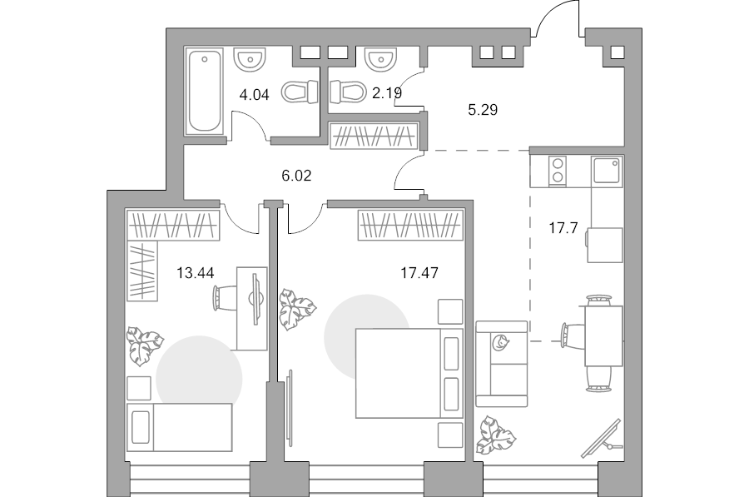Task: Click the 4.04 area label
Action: click(x=254, y=95)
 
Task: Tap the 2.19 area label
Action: click(x=387, y=92)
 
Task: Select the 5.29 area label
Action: click(x=483, y=110)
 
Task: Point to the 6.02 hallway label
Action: click(x=296, y=176)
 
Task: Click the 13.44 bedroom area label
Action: click(x=196, y=273)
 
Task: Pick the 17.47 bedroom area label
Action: click(x=419, y=273)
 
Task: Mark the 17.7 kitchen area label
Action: click(x=563, y=228)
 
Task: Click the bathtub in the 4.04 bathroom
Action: click(x=205, y=91)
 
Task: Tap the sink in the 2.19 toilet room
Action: click(x=380, y=59)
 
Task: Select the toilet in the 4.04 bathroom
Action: click(x=300, y=92)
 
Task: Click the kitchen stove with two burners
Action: click(x=557, y=171)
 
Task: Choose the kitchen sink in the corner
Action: click(x=607, y=171)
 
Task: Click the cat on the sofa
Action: click(x=500, y=343)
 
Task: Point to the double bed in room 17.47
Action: click(x=409, y=373)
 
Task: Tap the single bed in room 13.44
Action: click(x=180, y=427)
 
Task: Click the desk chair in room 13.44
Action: click(x=224, y=298)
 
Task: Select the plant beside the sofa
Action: click(x=496, y=435)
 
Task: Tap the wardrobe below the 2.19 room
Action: click(x=374, y=135)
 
